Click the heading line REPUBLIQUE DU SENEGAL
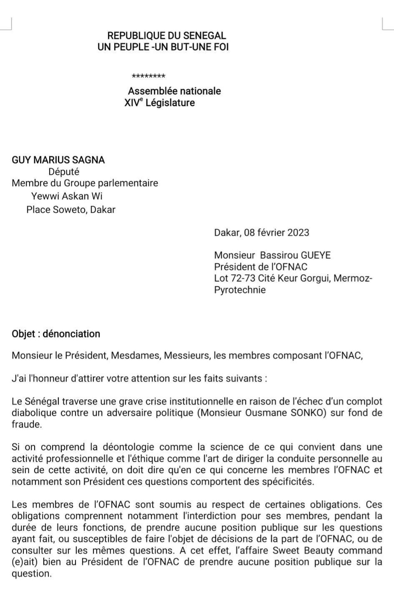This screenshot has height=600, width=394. [166, 36]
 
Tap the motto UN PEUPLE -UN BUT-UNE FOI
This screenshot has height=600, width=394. [163, 47]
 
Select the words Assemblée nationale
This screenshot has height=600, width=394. [174, 91]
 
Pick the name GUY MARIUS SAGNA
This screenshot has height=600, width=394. [58, 160]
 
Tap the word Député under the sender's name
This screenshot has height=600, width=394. [64, 172]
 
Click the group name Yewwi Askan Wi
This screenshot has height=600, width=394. [67, 196]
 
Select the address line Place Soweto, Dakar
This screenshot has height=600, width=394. [71, 210]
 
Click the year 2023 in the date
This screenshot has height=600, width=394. [298, 232]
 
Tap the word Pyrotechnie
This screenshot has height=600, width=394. [240, 290]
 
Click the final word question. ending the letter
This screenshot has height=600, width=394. [32, 573]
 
